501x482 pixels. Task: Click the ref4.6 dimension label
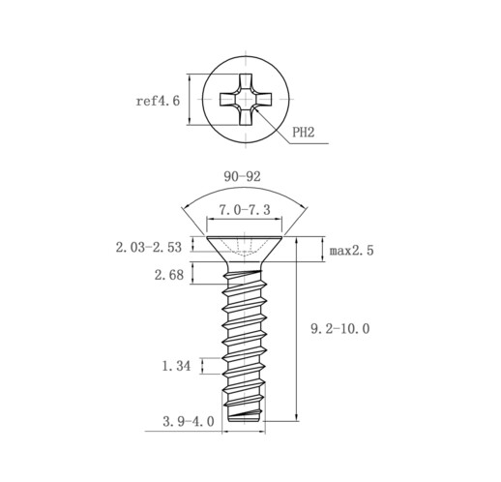pyautogui.click(x=158, y=101)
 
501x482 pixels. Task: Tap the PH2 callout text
pyautogui.click(x=303, y=132)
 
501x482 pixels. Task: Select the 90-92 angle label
pyautogui.click(x=242, y=176)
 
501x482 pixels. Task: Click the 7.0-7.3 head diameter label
pyautogui.click(x=245, y=210)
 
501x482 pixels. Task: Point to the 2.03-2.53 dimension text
pyautogui.click(x=149, y=248)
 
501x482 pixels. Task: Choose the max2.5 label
pyautogui.click(x=351, y=251)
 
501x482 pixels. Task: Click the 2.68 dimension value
pyautogui.click(x=169, y=275)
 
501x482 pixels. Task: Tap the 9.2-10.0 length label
pyautogui.click(x=340, y=329)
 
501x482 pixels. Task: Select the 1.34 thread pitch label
pyautogui.click(x=176, y=366)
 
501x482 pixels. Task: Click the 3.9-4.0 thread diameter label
pyautogui.click(x=189, y=421)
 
